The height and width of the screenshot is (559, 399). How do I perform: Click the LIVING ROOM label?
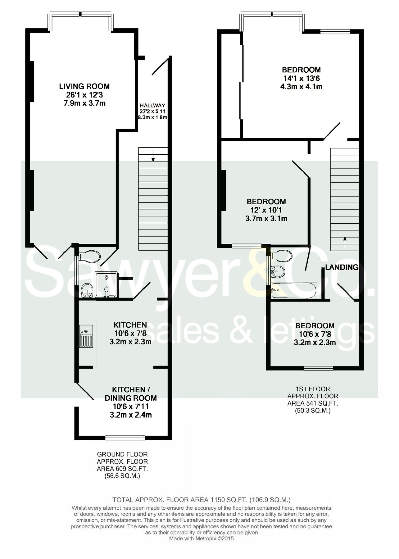click(84, 86)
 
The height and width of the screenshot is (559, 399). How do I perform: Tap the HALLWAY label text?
click(152, 106)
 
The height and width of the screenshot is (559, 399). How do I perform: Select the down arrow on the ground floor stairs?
click(153, 158)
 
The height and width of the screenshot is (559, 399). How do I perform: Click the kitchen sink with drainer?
click(86, 336)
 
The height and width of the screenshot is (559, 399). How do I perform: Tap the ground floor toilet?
click(91, 256)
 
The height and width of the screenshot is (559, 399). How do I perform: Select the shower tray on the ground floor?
click(107, 284)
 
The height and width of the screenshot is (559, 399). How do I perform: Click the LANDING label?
click(342, 267)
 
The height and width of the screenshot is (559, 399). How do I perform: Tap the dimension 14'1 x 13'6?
click(301, 78)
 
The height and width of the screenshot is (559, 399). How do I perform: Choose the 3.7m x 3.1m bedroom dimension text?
click(266, 219)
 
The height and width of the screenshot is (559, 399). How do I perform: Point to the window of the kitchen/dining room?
click(125, 438)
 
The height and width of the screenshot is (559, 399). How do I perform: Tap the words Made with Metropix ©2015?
click(201, 539)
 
